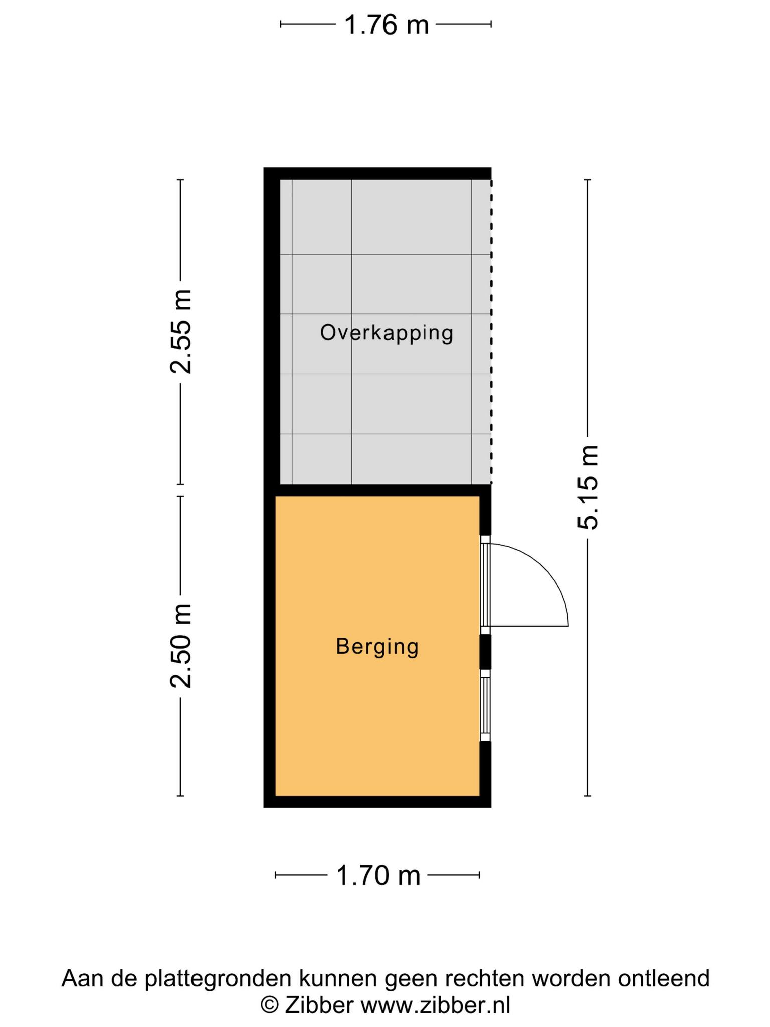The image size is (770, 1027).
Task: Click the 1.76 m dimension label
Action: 386,25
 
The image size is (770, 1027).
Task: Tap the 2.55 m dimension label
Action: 180,331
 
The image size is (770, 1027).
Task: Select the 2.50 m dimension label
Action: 180,645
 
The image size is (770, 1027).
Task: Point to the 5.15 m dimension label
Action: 588,487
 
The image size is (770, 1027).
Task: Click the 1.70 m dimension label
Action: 378,876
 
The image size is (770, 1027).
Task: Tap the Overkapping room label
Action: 387,333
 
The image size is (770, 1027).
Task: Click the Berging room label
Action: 377,646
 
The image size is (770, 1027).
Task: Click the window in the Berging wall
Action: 485,709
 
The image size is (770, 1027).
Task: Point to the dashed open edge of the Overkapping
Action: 491,331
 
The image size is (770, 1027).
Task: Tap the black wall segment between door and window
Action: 485,652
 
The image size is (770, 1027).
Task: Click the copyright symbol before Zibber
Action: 270,1005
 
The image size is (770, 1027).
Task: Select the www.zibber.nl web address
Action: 436,1005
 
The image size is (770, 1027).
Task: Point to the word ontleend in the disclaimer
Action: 664,978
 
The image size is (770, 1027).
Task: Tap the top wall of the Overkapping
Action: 377,174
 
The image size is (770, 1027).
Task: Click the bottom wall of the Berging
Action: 377,802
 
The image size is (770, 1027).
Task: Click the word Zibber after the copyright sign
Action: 320,1005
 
